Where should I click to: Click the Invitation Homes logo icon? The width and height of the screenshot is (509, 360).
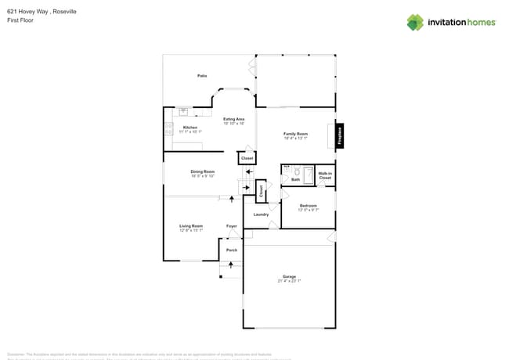click(x=415, y=22)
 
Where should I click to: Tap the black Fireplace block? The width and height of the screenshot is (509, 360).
click(x=340, y=135)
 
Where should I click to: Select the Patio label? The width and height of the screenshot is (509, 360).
click(x=202, y=75)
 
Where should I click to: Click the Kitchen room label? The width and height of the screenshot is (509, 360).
click(x=190, y=128)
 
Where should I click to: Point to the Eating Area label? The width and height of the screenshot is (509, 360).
click(x=234, y=119)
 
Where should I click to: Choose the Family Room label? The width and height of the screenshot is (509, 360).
click(x=295, y=134)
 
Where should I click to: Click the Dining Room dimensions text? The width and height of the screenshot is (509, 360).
click(x=202, y=176)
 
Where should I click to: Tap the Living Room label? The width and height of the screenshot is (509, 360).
click(x=191, y=226)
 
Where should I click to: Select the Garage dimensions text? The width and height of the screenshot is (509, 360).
click(x=289, y=280)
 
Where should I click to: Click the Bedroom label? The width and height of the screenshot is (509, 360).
click(x=308, y=205)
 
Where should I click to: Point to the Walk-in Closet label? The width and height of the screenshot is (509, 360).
click(x=325, y=175)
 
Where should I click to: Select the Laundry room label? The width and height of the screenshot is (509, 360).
click(x=261, y=214)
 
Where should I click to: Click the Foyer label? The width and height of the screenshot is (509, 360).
click(x=232, y=226)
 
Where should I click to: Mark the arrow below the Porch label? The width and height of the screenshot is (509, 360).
click(x=230, y=265)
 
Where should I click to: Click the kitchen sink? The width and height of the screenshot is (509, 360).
click(x=184, y=112)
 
